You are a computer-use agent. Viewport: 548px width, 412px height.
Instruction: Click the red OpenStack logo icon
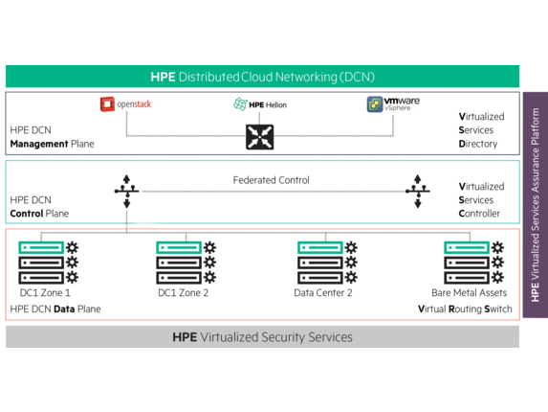click(x=107, y=104)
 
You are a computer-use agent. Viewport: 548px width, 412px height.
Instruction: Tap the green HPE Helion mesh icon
click(x=240, y=104)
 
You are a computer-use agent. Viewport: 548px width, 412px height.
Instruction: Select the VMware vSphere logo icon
click(x=375, y=104)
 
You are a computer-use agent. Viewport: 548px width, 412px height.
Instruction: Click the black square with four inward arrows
click(x=259, y=137)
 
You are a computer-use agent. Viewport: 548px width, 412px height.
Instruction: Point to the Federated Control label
click(x=272, y=180)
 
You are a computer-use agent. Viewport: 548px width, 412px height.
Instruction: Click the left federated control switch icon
click(x=127, y=191)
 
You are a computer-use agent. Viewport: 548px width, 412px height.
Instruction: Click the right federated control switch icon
click(x=418, y=191)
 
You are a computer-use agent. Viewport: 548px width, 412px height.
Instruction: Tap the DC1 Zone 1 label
click(x=45, y=292)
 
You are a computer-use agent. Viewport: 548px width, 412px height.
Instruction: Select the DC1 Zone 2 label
click(x=183, y=292)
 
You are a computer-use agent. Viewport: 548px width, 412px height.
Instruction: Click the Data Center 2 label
click(x=323, y=292)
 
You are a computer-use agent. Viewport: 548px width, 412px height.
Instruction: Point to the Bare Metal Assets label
click(x=469, y=292)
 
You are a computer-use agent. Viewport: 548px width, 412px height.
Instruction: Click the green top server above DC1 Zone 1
click(x=41, y=248)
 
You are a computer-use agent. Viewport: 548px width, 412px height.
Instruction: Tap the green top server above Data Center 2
click(x=320, y=248)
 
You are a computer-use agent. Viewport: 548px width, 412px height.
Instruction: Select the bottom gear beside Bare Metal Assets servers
click(x=497, y=277)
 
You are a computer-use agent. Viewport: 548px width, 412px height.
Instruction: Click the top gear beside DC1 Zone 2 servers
click(x=209, y=247)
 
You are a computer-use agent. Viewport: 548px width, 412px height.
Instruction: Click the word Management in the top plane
click(x=39, y=144)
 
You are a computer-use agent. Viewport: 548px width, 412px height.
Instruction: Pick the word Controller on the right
click(x=479, y=214)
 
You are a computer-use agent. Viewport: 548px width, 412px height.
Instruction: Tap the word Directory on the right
click(x=478, y=144)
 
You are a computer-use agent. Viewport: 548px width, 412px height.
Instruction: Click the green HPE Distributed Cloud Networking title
click(x=262, y=77)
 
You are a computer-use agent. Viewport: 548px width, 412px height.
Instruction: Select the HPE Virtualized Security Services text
click(x=262, y=337)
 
